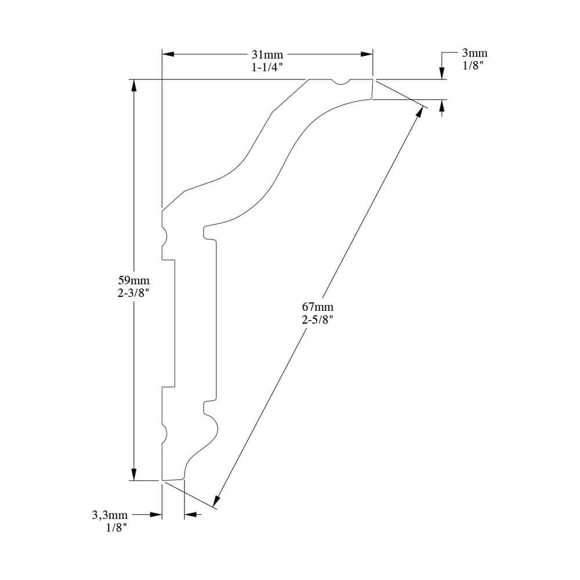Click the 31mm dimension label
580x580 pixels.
click(267, 55)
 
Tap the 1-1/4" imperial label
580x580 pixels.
click(267, 67)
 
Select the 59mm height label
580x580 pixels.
click(133, 280)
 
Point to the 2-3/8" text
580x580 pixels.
click(133, 293)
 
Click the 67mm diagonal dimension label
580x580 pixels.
click(318, 307)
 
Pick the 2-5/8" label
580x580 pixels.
click(318, 320)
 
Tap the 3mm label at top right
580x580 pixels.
click(474, 53)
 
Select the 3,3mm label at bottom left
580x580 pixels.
click(110, 514)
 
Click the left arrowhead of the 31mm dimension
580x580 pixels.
click(168, 55)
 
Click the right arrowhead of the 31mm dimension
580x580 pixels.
click(367, 55)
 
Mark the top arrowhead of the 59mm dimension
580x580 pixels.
click(134, 85)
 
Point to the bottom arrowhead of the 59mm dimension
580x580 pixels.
click(134, 474)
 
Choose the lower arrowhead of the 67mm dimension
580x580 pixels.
click(216, 501)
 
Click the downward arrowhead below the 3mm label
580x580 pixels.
click(441, 74)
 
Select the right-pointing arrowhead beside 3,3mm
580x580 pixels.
click(156, 514)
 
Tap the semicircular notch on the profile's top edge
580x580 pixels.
click(340, 82)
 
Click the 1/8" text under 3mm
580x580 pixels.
click(473, 66)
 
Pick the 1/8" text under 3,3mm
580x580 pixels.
click(117, 528)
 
